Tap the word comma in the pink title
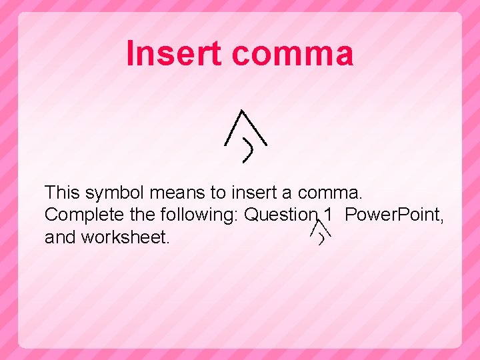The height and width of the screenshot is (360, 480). [293, 53]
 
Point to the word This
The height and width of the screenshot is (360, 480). [61, 193]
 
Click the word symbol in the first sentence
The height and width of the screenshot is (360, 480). [114, 193]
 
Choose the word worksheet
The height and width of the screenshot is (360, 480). [125, 237]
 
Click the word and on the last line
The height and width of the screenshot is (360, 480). [60, 237]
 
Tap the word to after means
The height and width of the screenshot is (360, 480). [218, 193]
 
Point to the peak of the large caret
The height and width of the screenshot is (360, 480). [241, 111]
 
